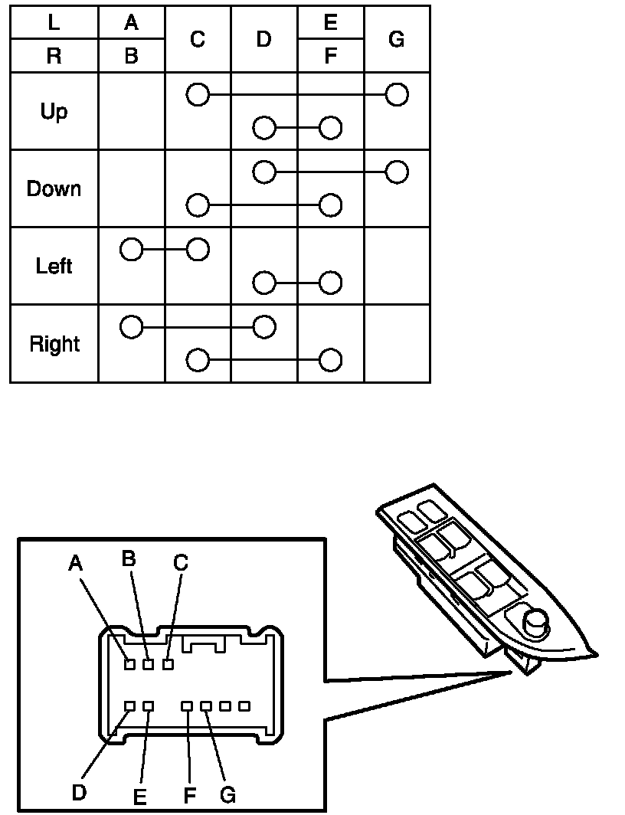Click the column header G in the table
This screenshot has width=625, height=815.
pyautogui.click(x=397, y=39)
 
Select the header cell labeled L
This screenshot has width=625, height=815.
pyautogui.click(x=54, y=22)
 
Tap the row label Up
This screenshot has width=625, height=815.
pyautogui.click(x=54, y=112)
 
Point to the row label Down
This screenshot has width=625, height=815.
pyautogui.click(x=54, y=189)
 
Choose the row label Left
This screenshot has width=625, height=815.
pyautogui.click(x=54, y=267)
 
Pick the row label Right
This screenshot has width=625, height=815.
pyautogui.click(x=54, y=344)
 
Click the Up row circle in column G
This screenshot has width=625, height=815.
pyautogui.click(x=397, y=95)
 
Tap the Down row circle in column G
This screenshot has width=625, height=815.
pyautogui.click(x=397, y=172)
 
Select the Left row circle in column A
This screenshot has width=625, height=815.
pyautogui.click(x=132, y=250)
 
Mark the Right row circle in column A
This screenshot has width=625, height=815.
pyautogui.click(x=132, y=328)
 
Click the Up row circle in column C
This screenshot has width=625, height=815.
pyautogui.click(x=198, y=95)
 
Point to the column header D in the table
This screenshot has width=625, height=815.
pyautogui.click(x=264, y=39)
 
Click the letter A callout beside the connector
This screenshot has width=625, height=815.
pyautogui.click(x=75, y=565)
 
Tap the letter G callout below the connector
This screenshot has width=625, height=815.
pyautogui.click(x=227, y=795)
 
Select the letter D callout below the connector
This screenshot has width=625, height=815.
pyautogui.click(x=79, y=792)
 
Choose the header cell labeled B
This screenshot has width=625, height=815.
pyautogui.click(x=132, y=56)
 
